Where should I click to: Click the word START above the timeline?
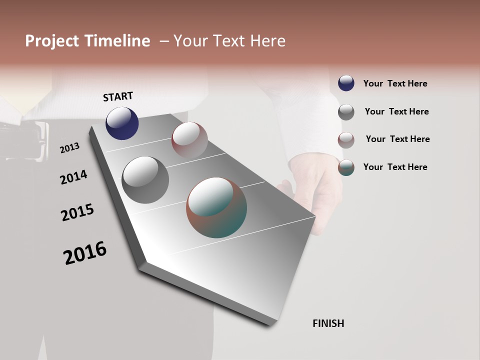pyautogui.click(x=118, y=96)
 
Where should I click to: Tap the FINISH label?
pyautogui.click(x=328, y=323)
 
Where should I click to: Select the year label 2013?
pyautogui.click(x=69, y=148)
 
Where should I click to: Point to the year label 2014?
pyautogui.click(x=73, y=177)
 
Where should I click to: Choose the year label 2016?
pyautogui.click(x=85, y=253)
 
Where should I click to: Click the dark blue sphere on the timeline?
pyautogui.click(x=122, y=123)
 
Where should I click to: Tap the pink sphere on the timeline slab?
pyautogui.click(x=189, y=140)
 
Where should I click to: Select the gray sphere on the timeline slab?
pyautogui.click(x=145, y=180)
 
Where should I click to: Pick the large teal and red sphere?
pyautogui.click(x=216, y=207)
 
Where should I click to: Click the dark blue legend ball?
pyautogui.click(x=346, y=83)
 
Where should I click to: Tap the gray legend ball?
pyautogui.click(x=346, y=112)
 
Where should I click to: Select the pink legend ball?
pyautogui.click(x=346, y=140)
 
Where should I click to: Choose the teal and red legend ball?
pyautogui.click(x=346, y=167)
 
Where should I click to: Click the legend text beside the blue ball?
pyautogui.click(x=395, y=83)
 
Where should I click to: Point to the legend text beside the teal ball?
pyautogui.click(x=395, y=167)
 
